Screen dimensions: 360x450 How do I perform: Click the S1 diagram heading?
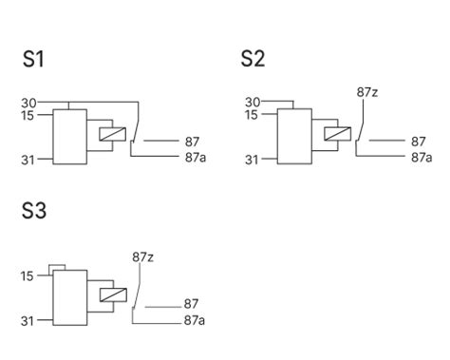point(33,59)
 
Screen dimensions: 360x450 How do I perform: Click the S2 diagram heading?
point(253,59)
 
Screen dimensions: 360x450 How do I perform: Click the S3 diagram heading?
point(34,211)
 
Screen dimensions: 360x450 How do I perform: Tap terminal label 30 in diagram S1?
point(28,103)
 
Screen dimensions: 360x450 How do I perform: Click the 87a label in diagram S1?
point(196,156)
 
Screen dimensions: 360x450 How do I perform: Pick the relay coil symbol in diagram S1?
point(111,135)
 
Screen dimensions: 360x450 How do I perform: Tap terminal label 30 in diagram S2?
point(253,103)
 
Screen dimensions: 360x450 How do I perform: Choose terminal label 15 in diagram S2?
point(252,115)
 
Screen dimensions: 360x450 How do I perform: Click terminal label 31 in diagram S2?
point(252,161)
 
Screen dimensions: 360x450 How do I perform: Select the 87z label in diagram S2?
point(367,92)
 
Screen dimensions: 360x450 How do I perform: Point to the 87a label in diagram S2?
point(422,156)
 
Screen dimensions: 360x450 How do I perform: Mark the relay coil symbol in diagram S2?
point(336,135)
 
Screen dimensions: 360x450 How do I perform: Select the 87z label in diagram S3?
point(142,256)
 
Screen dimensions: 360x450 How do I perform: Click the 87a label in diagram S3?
point(196,320)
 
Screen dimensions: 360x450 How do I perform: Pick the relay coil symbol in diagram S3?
point(111,295)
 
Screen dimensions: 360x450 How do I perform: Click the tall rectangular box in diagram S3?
point(68,298)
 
